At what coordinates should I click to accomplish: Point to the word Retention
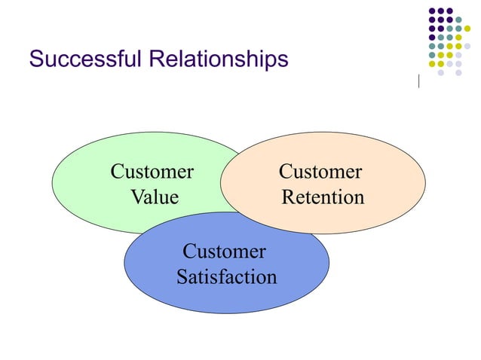click(x=323, y=197)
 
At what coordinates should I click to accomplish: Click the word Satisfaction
click(x=226, y=276)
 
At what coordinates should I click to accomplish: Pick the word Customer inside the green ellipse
click(x=152, y=172)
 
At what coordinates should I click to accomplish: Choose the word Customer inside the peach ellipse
click(x=320, y=172)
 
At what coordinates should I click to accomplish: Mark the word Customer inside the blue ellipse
click(x=224, y=251)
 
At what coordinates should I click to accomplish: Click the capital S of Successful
click(x=35, y=59)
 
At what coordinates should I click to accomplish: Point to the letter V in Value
click(x=137, y=197)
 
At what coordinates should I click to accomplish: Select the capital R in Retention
click(x=287, y=197)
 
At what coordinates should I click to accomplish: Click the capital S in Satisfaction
click(x=182, y=276)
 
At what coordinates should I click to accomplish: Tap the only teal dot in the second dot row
click(x=458, y=20)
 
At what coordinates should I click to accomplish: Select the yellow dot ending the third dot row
click(x=467, y=29)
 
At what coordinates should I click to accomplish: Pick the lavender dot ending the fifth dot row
click(x=467, y=46)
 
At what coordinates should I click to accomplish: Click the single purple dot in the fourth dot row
click(x=432, y=37)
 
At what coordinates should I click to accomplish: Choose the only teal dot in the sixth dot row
click(x=432, y=55)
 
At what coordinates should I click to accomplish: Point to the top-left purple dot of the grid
click(x=432, y=11)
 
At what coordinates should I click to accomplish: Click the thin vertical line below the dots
click(x=418, y=81)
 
